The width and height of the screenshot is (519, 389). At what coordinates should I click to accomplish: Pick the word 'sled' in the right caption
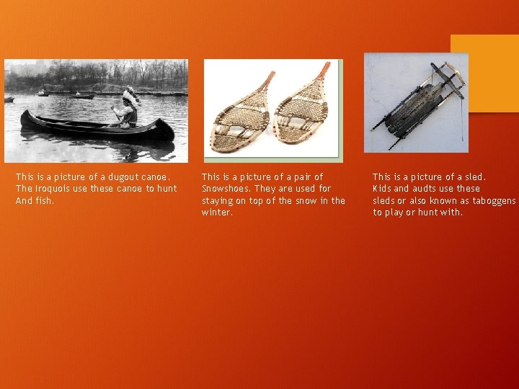tap(474, 176)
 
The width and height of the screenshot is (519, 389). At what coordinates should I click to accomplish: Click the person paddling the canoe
tap(128, 112)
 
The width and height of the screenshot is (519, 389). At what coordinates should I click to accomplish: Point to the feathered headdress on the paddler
tap(130, 95)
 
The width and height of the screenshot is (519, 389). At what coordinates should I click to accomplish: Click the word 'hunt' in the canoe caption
tap(167, 189)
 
